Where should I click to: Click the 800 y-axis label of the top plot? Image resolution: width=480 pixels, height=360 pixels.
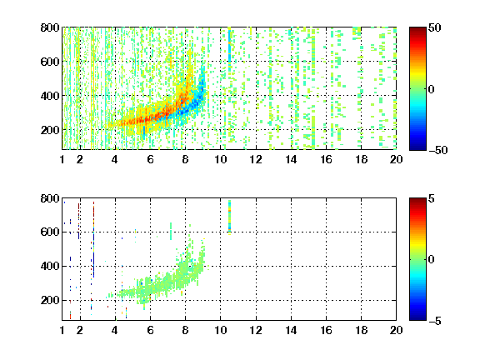point(50,27)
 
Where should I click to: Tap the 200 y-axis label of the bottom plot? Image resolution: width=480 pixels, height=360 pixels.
point(50,300)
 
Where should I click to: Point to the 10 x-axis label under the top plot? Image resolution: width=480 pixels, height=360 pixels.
point(220,159)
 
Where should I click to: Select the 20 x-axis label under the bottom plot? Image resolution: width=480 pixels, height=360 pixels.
point(396,330)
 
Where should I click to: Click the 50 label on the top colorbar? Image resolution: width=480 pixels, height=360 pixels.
point(434,27)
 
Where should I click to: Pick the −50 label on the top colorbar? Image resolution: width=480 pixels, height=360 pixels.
point(438,150)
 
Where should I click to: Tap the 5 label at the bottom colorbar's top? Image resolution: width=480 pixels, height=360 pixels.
point(432,198)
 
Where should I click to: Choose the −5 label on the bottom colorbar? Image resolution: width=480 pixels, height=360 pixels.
point(435,321)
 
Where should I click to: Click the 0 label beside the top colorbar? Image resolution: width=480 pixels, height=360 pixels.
point(431,89)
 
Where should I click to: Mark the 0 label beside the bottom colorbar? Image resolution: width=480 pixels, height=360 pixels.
point(431,260)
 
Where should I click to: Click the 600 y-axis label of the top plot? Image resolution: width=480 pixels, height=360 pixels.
point(50,62)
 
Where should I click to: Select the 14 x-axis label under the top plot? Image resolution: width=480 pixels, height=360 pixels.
point(291,159)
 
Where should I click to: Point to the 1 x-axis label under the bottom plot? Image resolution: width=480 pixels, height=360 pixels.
point(62,330)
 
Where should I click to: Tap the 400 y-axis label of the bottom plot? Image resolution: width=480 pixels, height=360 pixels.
point(50,266)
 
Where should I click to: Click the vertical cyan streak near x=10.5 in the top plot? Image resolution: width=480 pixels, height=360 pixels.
point(230,51)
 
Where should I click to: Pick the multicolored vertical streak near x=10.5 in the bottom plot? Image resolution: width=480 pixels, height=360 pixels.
point(230,217)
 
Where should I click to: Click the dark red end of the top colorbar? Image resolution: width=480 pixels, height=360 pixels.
point(417,30)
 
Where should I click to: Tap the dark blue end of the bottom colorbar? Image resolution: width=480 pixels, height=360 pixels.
point(417,317)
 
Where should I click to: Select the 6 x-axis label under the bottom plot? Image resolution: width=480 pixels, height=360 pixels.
point(150,330)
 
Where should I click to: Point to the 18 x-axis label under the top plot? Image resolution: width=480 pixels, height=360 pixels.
point(361,159)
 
